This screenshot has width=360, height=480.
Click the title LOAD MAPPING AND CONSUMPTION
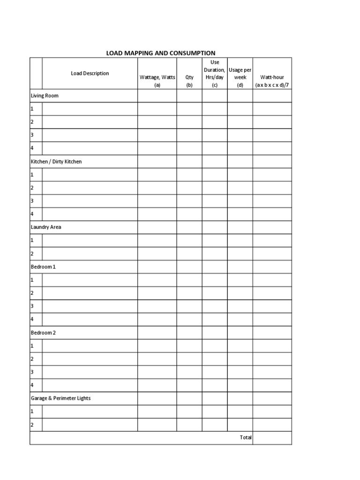[161, 53]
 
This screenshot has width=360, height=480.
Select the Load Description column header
[90, 73]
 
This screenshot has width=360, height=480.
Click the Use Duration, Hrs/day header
[215, 73]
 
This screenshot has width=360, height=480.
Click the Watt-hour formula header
[272, 81]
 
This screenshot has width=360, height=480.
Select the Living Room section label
[45, 96]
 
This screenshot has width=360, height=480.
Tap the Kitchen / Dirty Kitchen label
[56, 161]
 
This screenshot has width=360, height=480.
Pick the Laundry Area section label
[46, 227]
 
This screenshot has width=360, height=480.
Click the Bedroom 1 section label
[43, 267]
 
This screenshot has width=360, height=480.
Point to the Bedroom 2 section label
[43, 332]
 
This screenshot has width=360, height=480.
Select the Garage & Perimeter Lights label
[60, 398]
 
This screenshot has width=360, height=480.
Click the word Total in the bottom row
[246, 437]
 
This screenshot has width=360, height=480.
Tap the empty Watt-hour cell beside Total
[272, 437]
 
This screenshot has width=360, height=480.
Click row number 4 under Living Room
[32, 148]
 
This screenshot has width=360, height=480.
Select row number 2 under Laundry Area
[32, 254]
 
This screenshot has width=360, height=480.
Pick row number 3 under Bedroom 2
[32, 372]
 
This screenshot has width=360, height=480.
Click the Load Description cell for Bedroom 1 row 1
[90, 280]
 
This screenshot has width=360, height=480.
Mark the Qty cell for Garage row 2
[189, 425]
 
